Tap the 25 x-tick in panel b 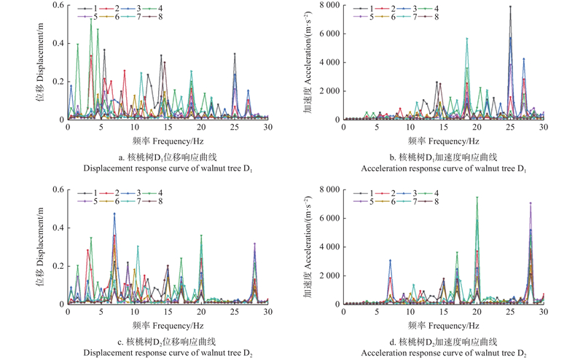click(x=510, y=128)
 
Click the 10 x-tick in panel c click(x=134, y=312)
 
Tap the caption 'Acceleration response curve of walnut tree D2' click(x=445, y=353)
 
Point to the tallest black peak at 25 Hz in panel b click(x=510, y=7)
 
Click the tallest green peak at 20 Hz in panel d click(x=477, y=197)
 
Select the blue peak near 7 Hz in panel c click(x=114, y=214)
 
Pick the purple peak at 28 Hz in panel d click(x=531, y=203)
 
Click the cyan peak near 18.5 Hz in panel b click(x=467, y=39)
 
